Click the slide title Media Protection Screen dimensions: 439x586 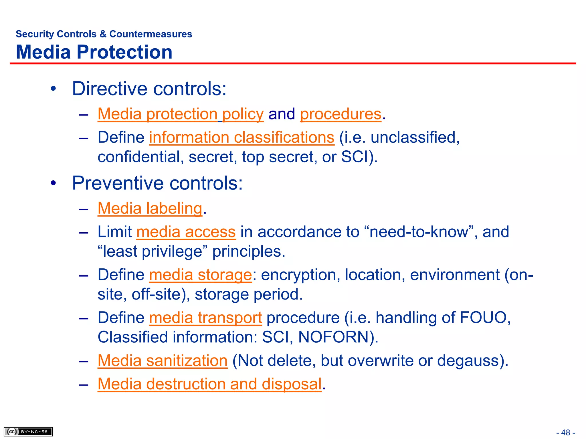pyautogui.click(x=94, y=52)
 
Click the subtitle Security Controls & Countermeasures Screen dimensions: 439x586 pyautogui.click(x=104, y=34)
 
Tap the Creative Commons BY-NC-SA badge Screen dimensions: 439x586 pyautogui.click(x=28, y=432)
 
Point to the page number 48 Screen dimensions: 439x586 pyautogui.click(x=566, y=432)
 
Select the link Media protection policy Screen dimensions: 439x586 pyautogui.click(x=180, y=114)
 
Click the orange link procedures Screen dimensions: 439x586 pyautogui.click(x=340, y=114)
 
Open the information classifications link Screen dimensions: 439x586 pyautogui.click(x=241, y=137)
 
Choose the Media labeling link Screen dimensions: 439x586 pyautogui.click(x=150, y=208)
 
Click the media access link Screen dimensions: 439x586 pyautogui.click(x=186, y=232)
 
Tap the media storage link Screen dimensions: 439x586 pyautogui.click(x=200, y=275)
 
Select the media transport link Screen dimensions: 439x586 pyautogui.click(x=205, y=318)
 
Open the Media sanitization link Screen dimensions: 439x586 pyautogui.click(x=163, y=360)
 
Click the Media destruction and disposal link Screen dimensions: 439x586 pyautogui.click(x=209, y=384)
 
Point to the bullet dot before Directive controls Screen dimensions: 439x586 pyautogui.click(x=53, y=89)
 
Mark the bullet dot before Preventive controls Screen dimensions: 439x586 pyautogui.click(x=53, y=183)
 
